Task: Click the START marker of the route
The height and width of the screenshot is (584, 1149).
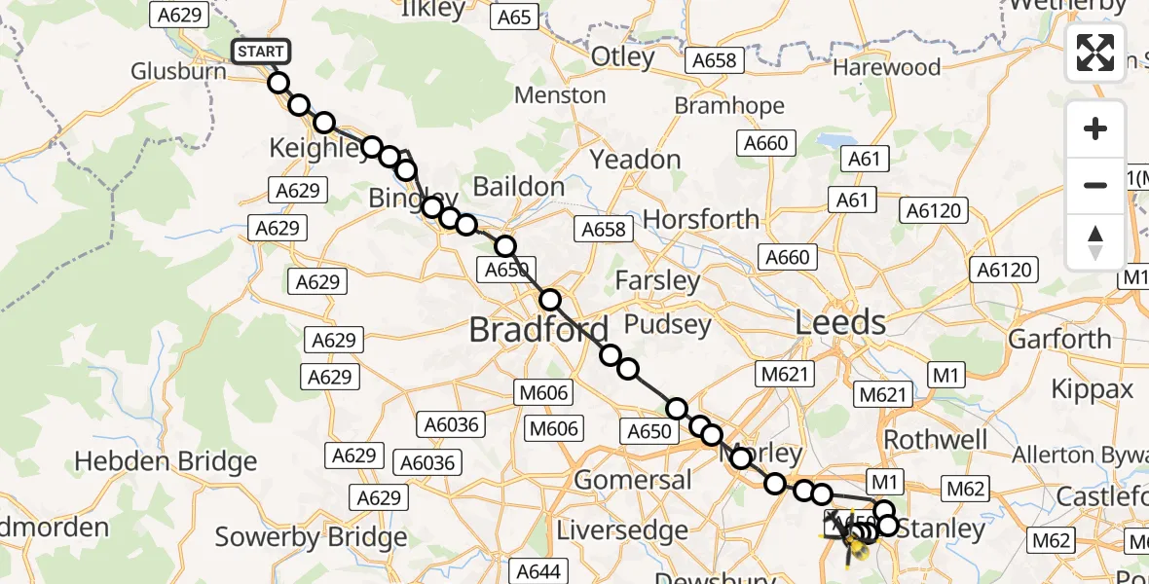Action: pyautogui.click(x=260, y=52)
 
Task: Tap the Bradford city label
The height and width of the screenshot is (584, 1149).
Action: pyautogui.click(x=538, y=330)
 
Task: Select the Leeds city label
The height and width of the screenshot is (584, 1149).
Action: pyautogui.click(x=841, y=322)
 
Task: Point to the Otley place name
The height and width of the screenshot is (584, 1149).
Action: pyautogui.click(x=623, y=57)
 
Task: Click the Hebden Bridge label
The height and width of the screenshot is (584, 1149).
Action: pyautogui.click(x=166, y=461)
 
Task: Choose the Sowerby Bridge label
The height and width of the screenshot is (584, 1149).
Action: pyautogui.click(x=297, y=536)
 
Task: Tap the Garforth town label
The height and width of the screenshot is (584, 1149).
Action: pyautogui.click(x=1059, y=339)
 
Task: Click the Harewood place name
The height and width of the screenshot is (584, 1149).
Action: pyautogui.click(x=886, y=67)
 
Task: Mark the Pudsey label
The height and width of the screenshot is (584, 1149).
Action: pyautogui.click(x=668, y=324)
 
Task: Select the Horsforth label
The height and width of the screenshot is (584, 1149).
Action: pyautogui.click(x=701, y=220)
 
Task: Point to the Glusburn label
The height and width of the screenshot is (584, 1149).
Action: pyautogui.click(x=179, y=72)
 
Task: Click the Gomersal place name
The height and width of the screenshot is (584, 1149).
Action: pyautogui.click(x=633, y=479)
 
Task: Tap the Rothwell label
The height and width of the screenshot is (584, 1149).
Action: pyautogui.click(x=935, y=439)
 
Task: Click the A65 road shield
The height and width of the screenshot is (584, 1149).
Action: pyautogui.click(x=514, y=17)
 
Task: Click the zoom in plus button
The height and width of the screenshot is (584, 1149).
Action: pyautogui.click(x=1095, y=129)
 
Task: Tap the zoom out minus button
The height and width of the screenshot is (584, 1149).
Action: pyautogui.click(x=1095, y=185)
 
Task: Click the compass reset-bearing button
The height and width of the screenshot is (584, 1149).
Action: pyautogui.click(x=1095, y=240)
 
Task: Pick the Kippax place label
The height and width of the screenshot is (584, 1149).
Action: pyautogui.click(x=1093, y=389)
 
